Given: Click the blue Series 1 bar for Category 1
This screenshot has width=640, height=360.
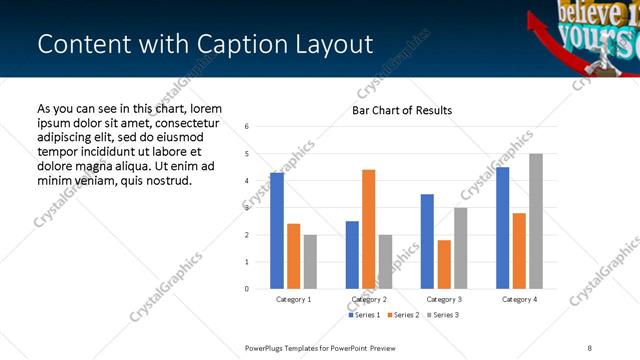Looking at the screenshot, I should pos(277,231).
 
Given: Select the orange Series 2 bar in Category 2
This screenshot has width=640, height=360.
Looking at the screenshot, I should pos(369,229).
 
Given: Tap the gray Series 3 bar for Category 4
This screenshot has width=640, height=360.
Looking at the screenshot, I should pos(536,221).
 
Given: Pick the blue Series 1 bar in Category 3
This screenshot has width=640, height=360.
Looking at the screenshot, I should pos(427,241).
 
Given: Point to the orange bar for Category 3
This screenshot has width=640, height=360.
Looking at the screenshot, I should pos(444,264).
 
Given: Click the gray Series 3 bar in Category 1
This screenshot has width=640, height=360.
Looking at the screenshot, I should pos(311,262).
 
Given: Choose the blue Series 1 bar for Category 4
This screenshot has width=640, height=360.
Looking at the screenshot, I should pos(502,228).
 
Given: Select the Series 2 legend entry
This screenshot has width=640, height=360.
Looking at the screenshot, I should pos(403,315).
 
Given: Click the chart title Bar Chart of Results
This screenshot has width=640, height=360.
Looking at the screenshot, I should pos(402,110).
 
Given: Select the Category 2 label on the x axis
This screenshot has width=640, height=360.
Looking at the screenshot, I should pos(369,299).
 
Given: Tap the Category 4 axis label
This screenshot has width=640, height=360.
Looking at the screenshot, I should pos(519,299).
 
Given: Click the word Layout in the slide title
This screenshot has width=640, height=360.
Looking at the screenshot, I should pos(334,45).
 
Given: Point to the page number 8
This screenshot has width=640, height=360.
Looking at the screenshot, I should pos(590,347).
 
